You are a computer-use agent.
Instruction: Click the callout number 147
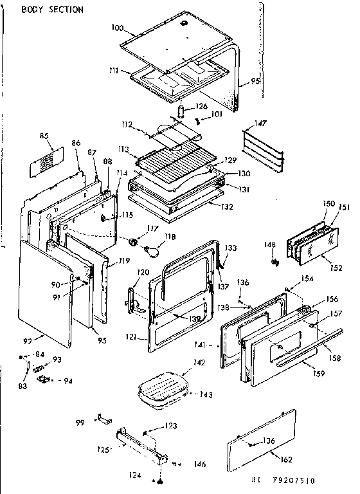point(260,123)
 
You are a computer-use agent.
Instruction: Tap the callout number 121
point(132,337)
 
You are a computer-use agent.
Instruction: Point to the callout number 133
point(231,248)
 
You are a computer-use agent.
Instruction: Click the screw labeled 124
point(157,480)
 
